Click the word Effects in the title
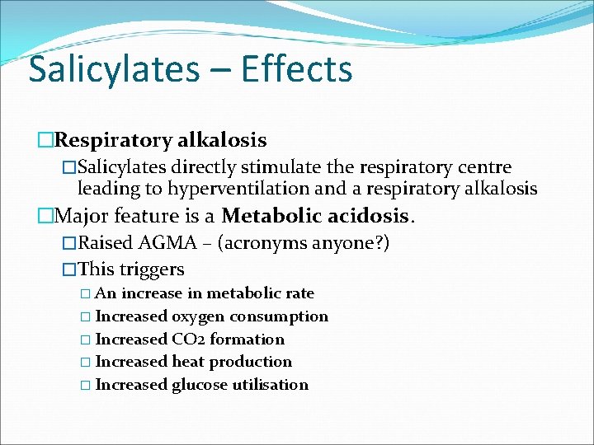(297, 69)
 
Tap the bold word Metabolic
(272, 217)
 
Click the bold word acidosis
(369, 217)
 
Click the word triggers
(151, 269)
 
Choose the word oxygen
(198, 316)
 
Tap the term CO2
(188, 339)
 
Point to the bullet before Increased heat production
(87, 362)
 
